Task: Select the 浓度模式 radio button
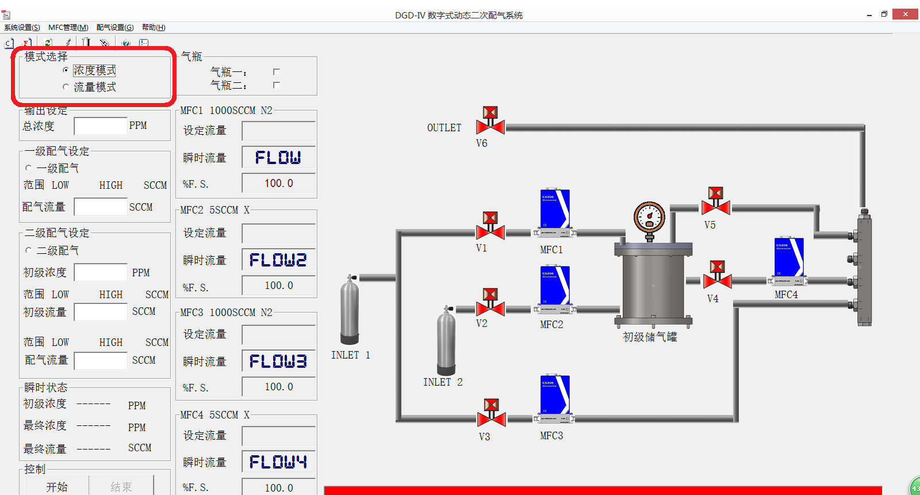66,70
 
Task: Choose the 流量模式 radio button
66,87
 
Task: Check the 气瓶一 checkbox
277,72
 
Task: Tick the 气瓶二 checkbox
277,85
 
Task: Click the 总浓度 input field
100,126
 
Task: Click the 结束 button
121,487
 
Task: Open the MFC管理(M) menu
68,28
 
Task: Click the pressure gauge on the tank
649,218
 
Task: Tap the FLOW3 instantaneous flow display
278,361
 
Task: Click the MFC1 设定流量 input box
278,131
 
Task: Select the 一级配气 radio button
29,168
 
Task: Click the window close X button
905,14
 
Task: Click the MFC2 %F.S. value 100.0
278,285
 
